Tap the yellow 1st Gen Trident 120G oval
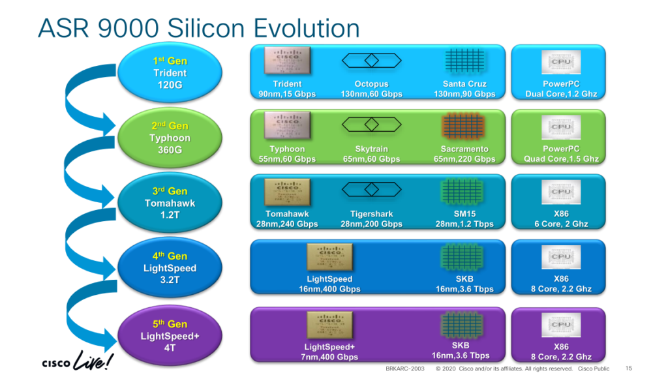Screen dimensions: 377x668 (169, 72)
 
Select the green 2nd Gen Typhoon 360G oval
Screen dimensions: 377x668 (169, 138)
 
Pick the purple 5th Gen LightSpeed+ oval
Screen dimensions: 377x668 (170, 335)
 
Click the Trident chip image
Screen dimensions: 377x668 (287, 61)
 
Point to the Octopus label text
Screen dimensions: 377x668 (371, 84)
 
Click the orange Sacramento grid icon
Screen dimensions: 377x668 (464, 126)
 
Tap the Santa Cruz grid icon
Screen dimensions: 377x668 (464, 61)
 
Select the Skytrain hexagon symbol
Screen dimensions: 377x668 (371, 125)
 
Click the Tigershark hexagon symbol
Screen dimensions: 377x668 (371, 189)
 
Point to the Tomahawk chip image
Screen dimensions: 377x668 (287, 190)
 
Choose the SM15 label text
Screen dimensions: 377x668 (464, 214)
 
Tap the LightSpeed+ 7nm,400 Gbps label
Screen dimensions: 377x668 (331, 352)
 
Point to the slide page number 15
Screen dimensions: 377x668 (629, 369)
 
